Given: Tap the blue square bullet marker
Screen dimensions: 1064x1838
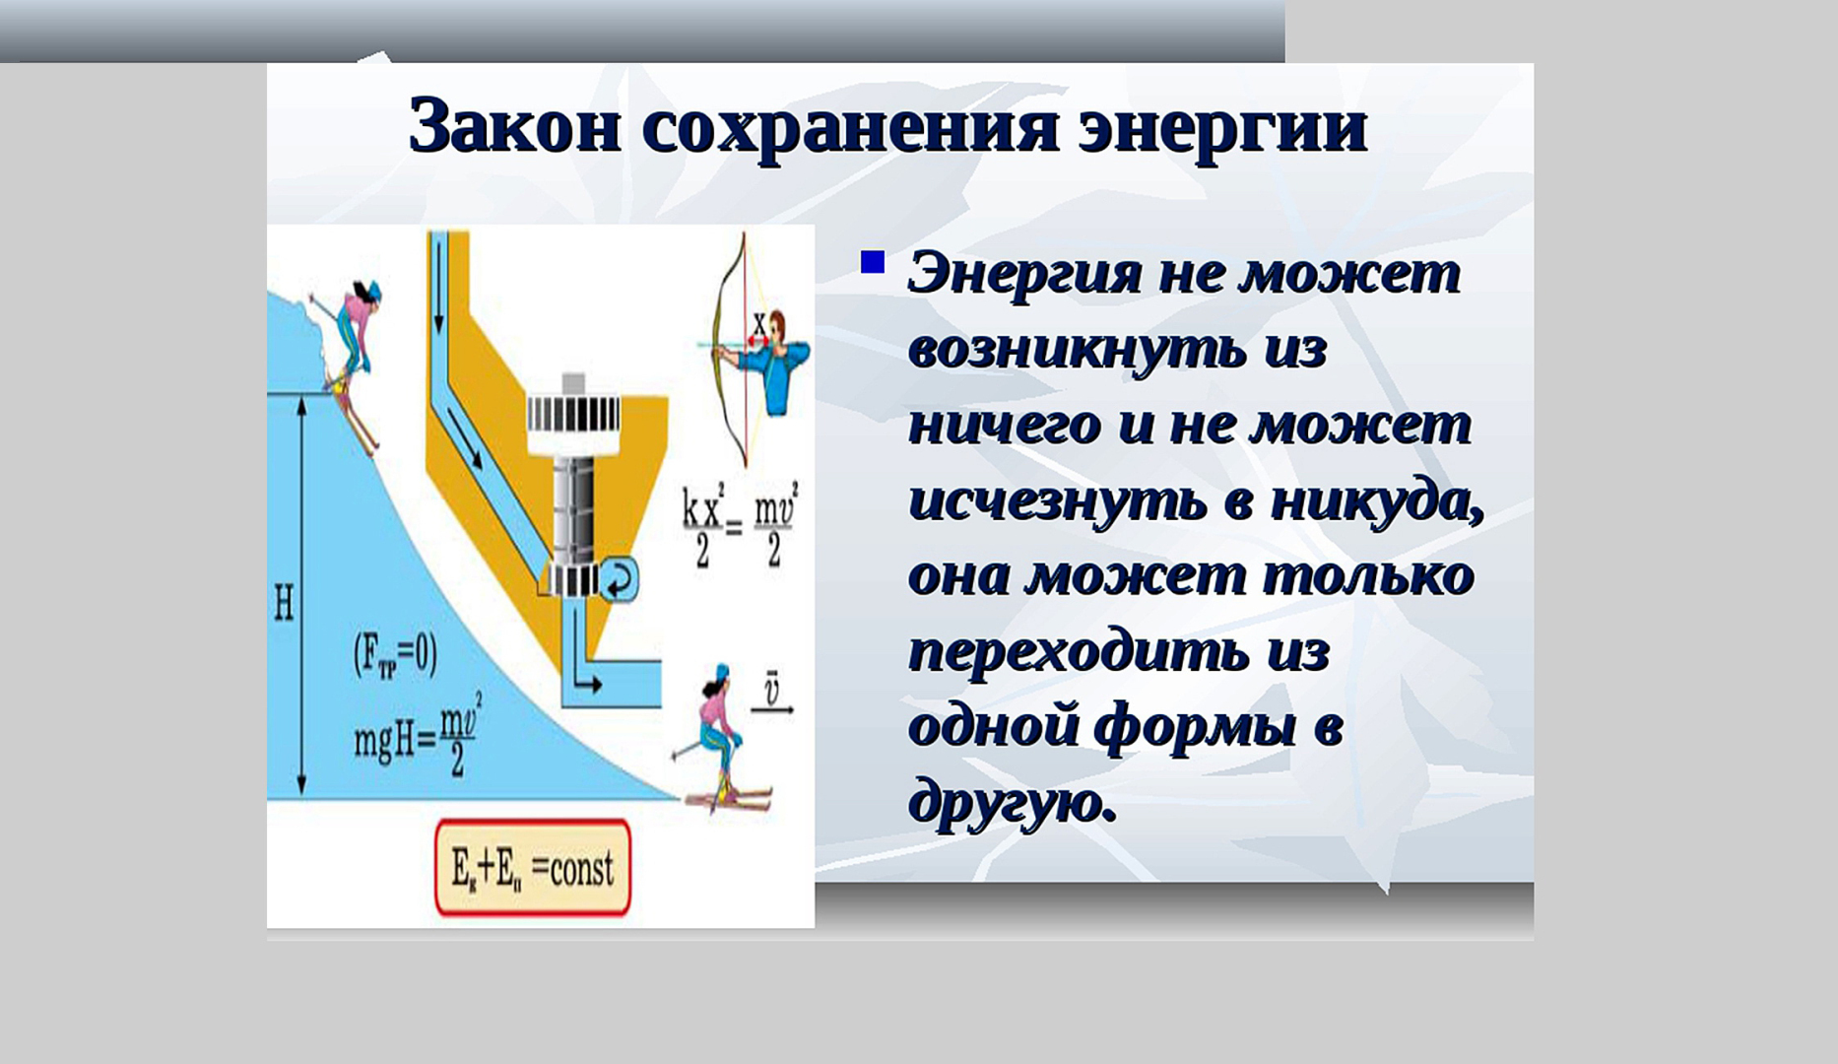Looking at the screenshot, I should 872,262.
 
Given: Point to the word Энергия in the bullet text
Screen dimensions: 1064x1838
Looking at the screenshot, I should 1025,274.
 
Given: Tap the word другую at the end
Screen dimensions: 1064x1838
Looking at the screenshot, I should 1013,802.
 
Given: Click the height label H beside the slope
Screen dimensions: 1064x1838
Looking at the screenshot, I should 284,602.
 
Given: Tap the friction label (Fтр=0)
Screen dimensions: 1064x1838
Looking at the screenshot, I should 395,655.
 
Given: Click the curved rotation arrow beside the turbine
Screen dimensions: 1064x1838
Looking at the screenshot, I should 619,581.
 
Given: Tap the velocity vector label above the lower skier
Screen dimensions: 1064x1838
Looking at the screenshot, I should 771,691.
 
